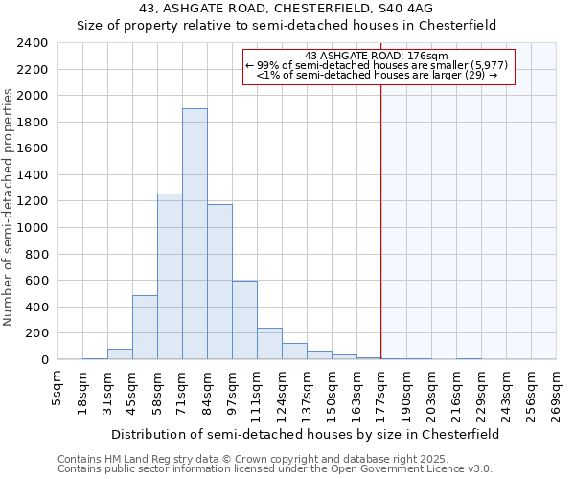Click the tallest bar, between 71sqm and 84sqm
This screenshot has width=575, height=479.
tap(195, 234)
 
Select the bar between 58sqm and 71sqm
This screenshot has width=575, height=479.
tap(170, 277)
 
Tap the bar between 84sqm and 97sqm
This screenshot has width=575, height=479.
tap(219, 282)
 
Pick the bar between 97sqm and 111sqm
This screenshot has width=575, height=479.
tap(244, 320)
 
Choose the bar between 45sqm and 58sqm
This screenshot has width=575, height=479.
tap(145, 327)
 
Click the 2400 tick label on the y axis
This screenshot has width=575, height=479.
tap(33, 43)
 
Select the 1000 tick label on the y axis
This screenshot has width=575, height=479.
tap(33, 228)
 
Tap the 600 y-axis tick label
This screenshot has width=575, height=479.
tap(36, 281)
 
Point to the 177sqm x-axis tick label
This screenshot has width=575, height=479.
tap(382, 388)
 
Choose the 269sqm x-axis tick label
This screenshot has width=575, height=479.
tap(557, 388)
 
